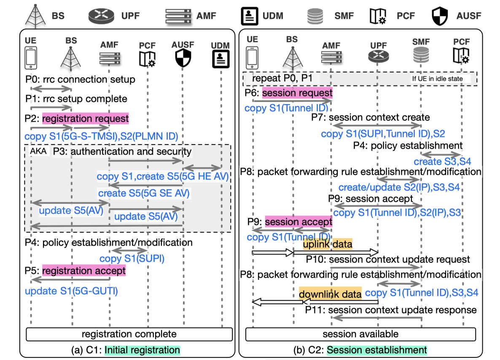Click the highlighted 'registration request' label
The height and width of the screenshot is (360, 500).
[85, 118]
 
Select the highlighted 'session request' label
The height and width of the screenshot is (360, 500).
[297, 92]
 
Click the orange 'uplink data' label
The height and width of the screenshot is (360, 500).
[327, 244]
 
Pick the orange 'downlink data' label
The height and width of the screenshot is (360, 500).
[331, 294]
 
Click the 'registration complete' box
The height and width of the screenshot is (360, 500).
[129, 334]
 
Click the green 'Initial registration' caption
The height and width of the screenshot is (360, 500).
[142, 350]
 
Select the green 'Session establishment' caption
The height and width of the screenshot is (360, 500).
[377, 350]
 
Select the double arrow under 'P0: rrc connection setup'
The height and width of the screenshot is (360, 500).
[51, 88]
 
